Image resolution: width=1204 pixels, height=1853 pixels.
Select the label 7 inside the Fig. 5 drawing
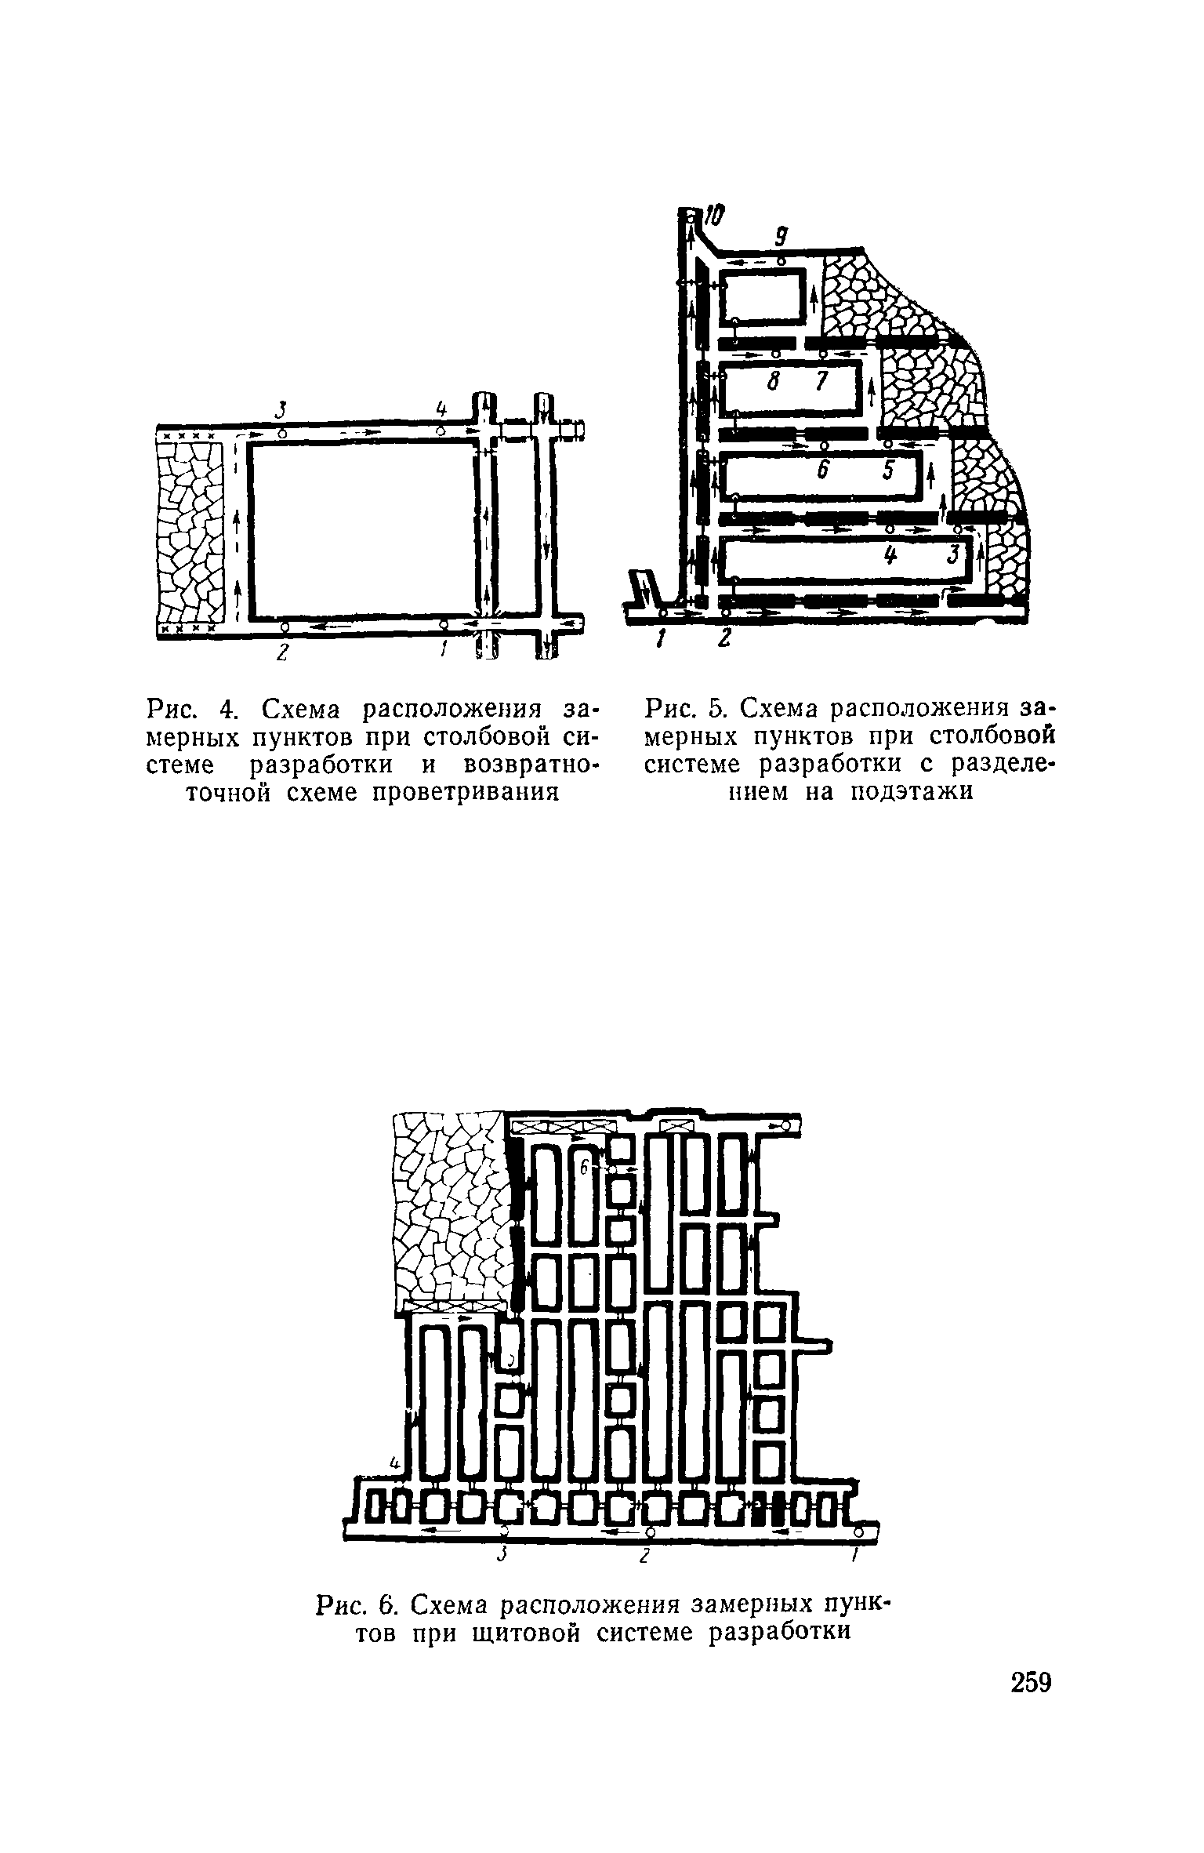821,381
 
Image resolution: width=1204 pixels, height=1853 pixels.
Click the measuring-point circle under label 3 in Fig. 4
282,432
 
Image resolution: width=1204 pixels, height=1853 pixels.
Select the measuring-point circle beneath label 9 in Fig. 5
781,261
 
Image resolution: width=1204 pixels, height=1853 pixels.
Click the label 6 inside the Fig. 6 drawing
584,1167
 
